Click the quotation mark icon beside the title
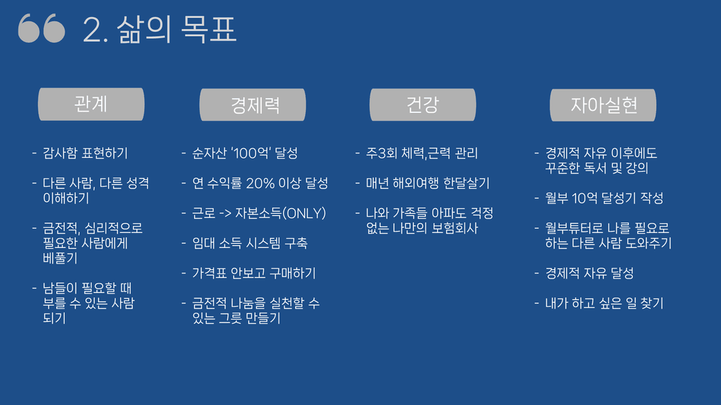click(41, 28)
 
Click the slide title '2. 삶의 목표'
click(159, 29)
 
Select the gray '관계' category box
click(91, 104)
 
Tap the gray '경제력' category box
click(252, 105)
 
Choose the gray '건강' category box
click(422, 105)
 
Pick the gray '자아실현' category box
click(603, 105)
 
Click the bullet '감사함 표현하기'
click(85, 153)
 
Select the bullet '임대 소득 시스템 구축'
click(250, 243)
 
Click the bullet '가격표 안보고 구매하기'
click(254, 273)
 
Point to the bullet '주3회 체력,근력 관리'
click(422, 153)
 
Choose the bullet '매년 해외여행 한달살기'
click(427, 183)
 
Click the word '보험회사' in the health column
click(455, 229)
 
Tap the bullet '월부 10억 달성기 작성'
click(604, 198)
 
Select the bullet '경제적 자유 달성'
click(589, 273)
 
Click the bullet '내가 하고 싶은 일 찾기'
click(604, 303)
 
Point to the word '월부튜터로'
click(574, 229)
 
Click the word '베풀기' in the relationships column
click(60, 259)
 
